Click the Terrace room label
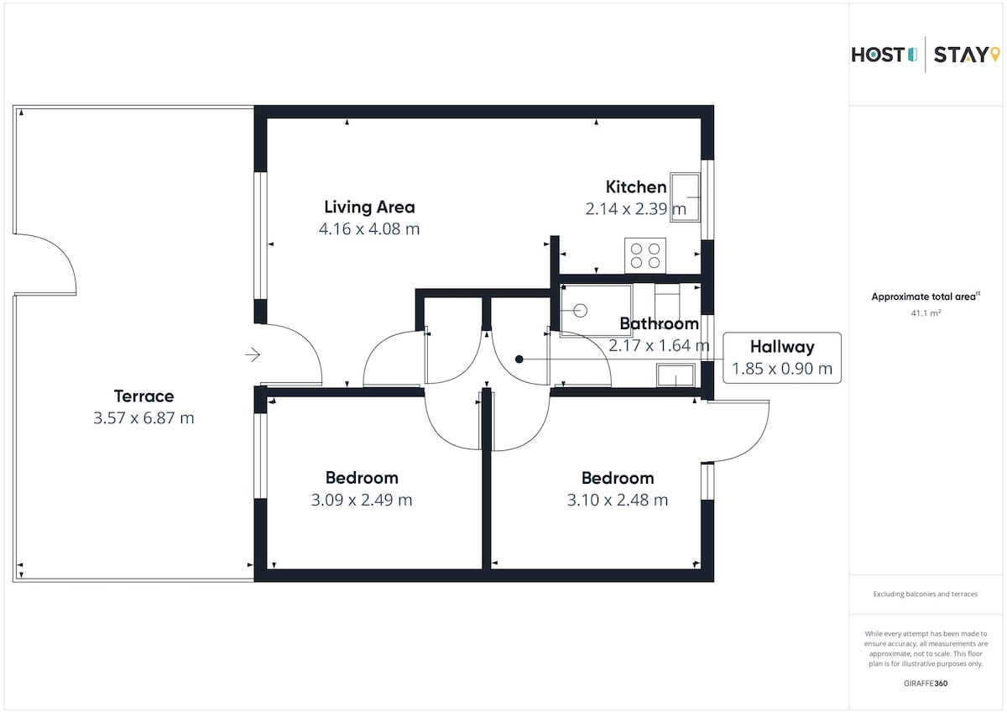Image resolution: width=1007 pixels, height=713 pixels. point(143,396)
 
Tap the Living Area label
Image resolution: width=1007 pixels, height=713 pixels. point(369,207)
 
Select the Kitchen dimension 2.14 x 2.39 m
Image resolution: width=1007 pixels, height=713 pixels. point(636,209)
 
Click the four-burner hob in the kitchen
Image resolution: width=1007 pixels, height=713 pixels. point(645,255)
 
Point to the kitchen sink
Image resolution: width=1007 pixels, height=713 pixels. point(685,197)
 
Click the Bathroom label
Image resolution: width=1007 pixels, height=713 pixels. point(659,323)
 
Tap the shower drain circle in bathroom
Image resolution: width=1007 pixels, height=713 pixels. point(581,311)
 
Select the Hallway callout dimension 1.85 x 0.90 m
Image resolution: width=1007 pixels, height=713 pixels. point(782,369)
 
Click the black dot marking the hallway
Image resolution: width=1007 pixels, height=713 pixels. point(519,359)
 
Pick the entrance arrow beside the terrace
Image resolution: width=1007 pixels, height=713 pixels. point(253,355)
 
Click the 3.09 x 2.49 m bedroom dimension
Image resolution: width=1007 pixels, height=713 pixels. point(362,500)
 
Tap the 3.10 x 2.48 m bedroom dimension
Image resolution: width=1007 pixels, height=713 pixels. point(618,501)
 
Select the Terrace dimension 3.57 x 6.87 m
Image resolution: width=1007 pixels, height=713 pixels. point(143,418)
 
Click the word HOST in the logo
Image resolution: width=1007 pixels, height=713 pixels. point(878,55)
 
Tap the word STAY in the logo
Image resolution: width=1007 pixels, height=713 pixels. point(961,55)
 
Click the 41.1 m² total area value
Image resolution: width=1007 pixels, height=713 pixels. point(926,313)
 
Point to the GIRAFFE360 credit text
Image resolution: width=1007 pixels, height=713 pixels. point(926,684)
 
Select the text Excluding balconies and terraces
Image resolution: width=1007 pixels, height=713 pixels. point(925,595)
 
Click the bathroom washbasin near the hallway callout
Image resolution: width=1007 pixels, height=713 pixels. point(676,375)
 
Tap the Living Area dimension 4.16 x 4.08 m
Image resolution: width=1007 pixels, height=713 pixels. point(369,229)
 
